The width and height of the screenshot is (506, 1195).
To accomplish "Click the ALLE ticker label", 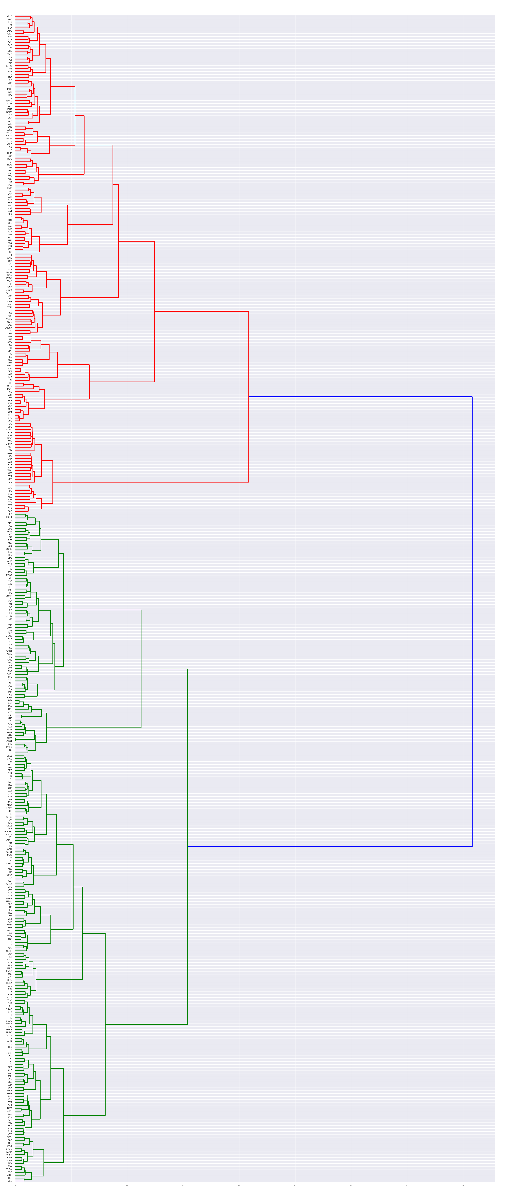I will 10,16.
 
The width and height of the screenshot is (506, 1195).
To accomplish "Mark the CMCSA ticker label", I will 8,328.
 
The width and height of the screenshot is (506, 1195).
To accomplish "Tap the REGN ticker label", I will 9,135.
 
